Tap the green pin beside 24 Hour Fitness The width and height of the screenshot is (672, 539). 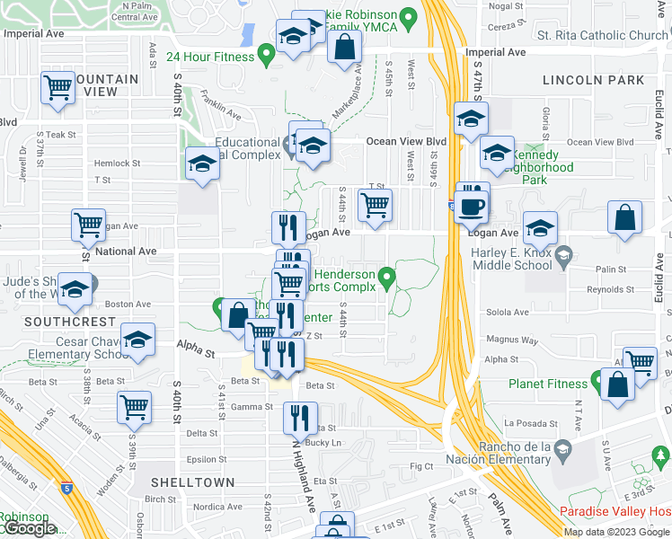(266, 56)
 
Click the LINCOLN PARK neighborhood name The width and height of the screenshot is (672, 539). (593, 80)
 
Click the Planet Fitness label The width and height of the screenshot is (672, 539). (547, 384)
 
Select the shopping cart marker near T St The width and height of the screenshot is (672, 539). (375, 206)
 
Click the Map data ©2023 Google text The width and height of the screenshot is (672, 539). (615, 532)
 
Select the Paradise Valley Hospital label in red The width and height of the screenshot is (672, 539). (615, 511)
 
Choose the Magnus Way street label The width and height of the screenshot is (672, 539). (510, 341)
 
